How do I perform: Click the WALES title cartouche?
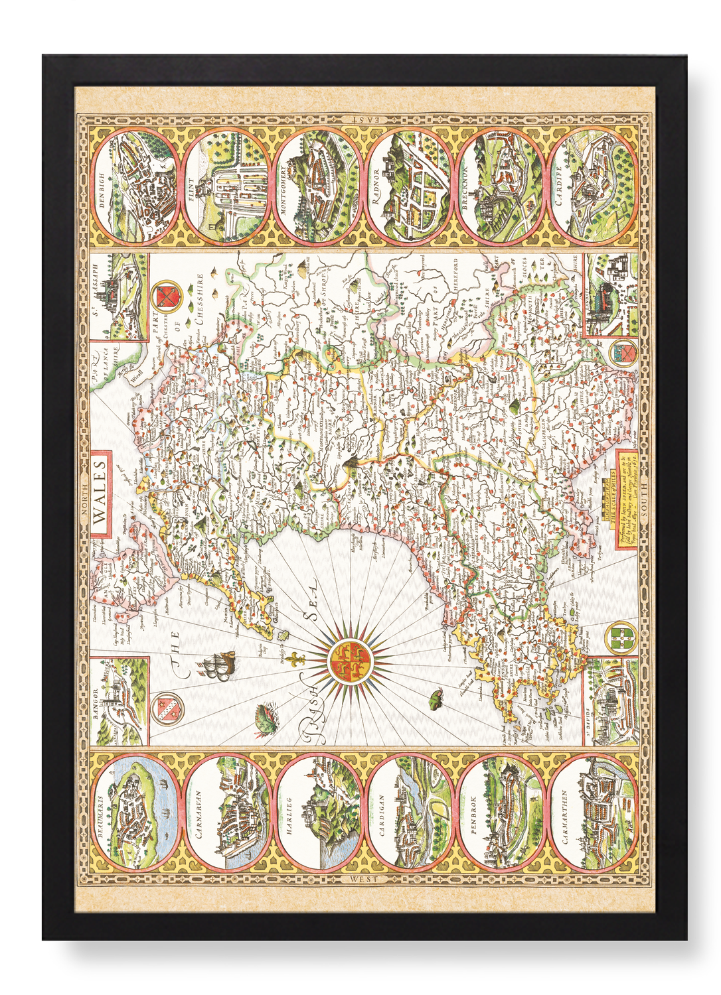pos(102,494)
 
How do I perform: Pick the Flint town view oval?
pos(226,185)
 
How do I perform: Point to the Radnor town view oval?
pos(410,185)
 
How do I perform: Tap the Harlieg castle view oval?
pos(318,813)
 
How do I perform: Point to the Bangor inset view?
pos(120,702)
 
